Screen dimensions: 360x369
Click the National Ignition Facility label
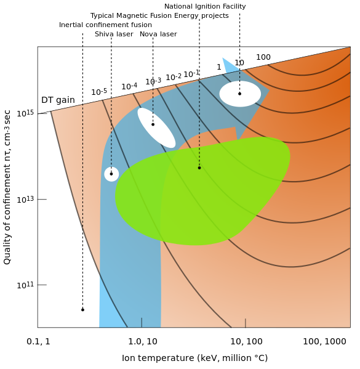205,7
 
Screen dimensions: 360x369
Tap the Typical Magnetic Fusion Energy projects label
159,16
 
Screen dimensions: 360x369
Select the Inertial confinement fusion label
105,25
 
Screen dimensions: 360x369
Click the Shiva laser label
114,34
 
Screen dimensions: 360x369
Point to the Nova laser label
158,34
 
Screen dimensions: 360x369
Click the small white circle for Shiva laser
111,174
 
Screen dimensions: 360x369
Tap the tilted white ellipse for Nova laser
156,128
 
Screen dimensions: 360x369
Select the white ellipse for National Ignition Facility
240,94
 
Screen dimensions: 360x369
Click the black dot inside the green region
199,168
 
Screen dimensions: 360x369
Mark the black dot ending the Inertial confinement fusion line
82,310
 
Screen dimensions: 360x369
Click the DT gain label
58,100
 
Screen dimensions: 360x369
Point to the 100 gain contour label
263,57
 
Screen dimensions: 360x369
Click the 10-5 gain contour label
99,92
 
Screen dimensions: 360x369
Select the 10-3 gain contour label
153,81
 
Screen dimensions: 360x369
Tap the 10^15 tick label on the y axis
25,113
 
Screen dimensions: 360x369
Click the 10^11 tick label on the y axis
25,285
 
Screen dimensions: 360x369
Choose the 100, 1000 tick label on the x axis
324,341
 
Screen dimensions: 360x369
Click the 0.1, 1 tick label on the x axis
38,341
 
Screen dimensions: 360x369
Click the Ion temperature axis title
194,358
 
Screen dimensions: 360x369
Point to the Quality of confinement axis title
7,187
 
